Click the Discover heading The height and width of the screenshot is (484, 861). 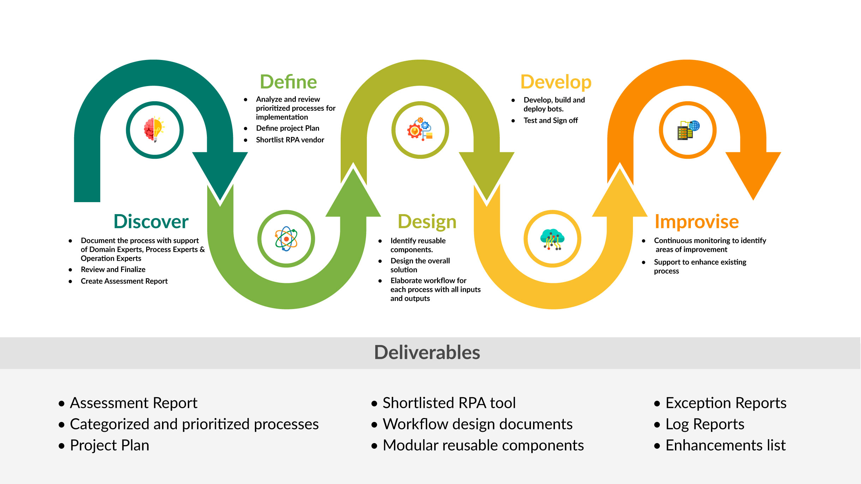[151, 222]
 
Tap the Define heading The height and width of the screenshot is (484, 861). [288, 82]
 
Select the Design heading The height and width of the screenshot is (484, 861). [427, 222]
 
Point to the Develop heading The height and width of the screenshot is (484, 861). [556, 82]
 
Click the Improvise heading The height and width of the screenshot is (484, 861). [696, 222]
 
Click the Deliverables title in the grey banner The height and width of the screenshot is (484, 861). [427, 352]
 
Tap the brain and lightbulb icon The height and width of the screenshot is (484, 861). [155, 130]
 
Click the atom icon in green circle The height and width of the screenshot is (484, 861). [286, 239]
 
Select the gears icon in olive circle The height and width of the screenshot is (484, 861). [420, 130]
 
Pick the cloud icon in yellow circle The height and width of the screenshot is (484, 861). [552, 239]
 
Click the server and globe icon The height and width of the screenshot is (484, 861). [688, 130]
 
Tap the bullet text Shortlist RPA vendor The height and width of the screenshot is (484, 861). [290, 140]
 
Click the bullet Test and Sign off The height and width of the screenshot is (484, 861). [550, 120]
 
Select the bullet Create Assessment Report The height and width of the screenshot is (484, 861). [124, 281]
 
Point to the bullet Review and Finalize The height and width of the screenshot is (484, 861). [113, 270]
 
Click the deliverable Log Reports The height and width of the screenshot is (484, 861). [705, 424]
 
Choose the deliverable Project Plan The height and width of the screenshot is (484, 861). [109, 445]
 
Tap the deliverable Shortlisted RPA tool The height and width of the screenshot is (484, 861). [449, 403]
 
